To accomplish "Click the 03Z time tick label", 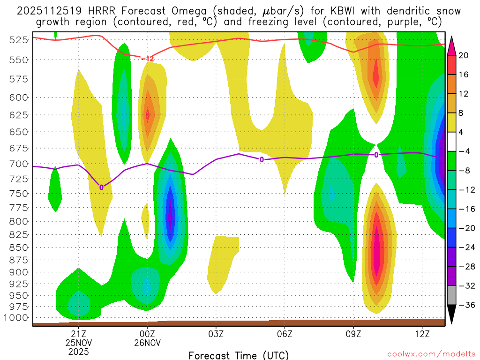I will [x=216, y=334].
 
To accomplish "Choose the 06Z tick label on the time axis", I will [x=285, y=334].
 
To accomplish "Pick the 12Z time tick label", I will [x=422, y=334].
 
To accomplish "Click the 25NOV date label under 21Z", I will [x=78, y=343].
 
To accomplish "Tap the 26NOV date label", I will [x=148, y=343].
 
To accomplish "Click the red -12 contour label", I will [x=147, y=59].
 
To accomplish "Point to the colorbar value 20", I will [x=464, y=55].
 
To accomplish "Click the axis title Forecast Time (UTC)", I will [x=239, y=355].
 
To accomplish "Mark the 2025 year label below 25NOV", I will [x=78, y=351].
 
